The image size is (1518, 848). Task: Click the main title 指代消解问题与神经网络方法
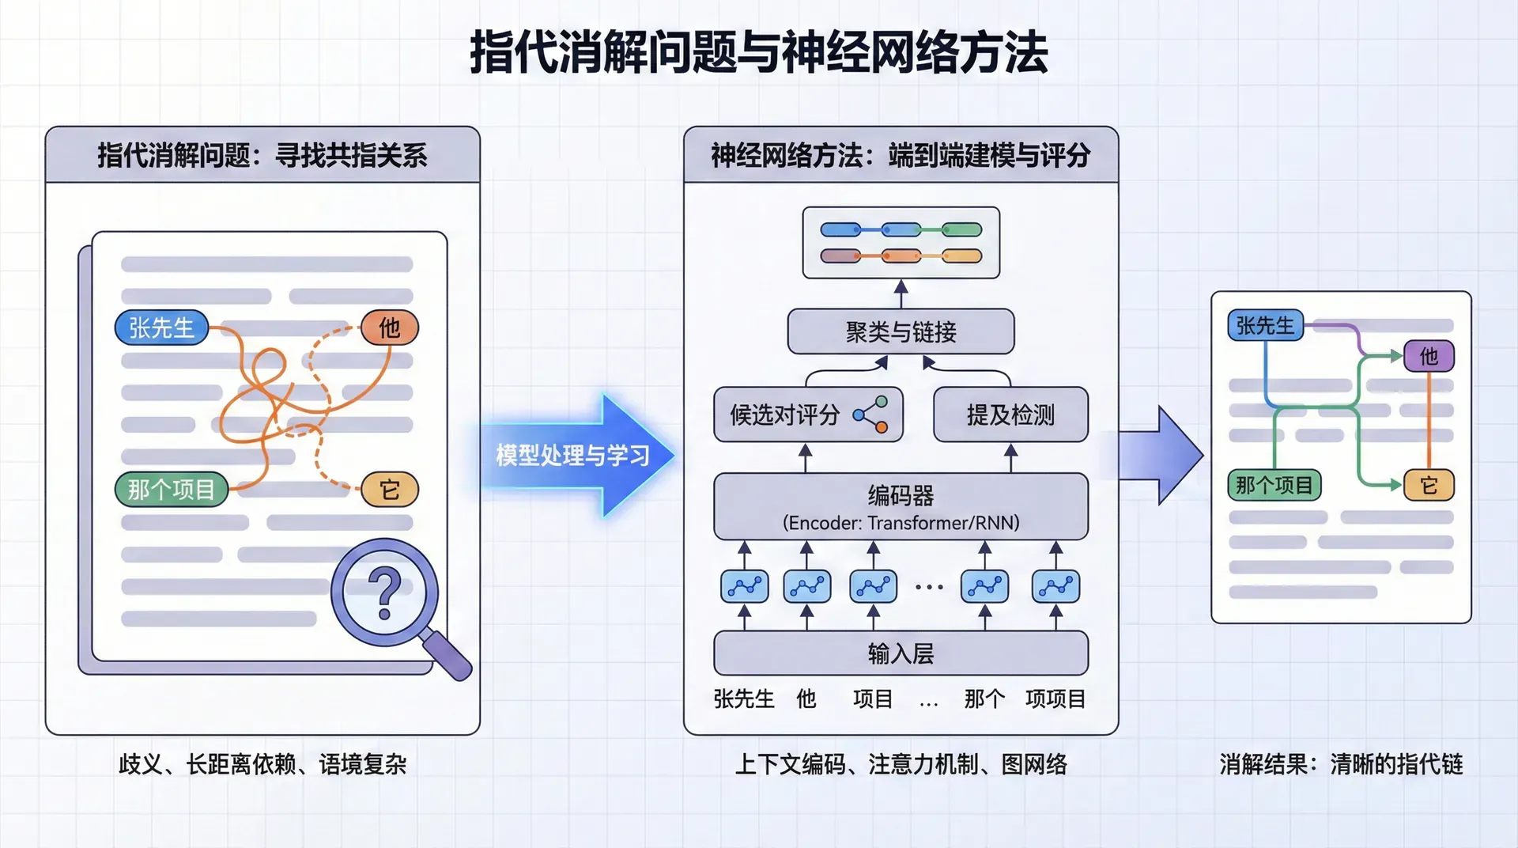[759, 52]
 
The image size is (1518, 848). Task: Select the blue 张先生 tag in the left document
[162, 327]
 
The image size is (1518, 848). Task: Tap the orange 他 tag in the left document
[389, 327]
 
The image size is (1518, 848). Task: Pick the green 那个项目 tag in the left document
[172, 490]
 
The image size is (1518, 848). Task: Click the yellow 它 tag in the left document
[389, 490]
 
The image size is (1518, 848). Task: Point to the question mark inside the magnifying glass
[384, 594]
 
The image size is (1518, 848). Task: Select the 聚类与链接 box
[901, 331]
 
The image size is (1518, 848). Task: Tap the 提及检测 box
[1010, 415]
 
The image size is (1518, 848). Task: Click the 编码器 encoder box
[901, 507]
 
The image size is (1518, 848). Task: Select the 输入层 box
[901, 653]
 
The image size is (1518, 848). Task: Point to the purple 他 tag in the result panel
[1428, 356]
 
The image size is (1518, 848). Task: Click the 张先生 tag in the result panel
[1265, 325]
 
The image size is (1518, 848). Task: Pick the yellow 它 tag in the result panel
[1428, 485]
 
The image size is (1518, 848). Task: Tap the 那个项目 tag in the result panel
[1274, 485]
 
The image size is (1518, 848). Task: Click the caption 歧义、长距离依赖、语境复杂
[262, 764]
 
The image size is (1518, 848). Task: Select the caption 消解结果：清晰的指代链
[1341, 764]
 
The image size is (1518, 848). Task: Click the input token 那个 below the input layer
[984, 698]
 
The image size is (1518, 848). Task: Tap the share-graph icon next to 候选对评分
[870, 415]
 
